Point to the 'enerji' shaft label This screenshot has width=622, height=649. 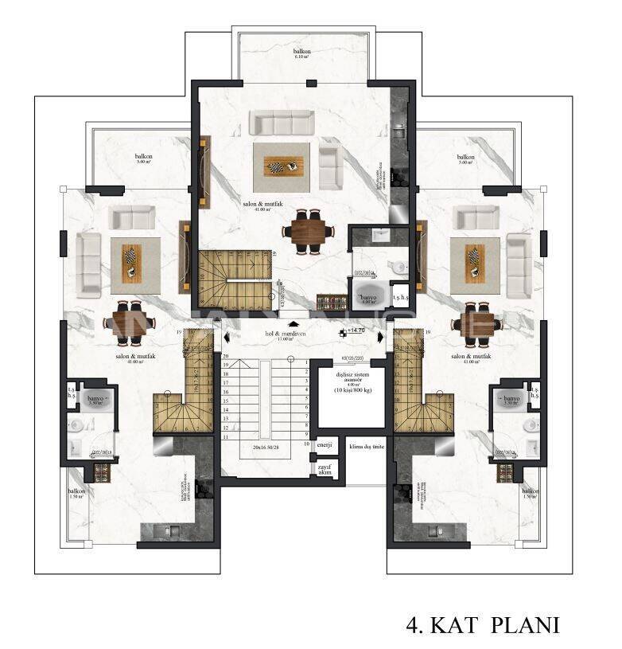click(x=325, y=444)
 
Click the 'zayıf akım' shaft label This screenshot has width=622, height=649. click(x=325, y=468)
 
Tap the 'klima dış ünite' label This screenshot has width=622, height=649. click(x=367, y=447)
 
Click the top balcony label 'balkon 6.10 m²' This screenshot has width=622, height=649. click(x=301, y=54)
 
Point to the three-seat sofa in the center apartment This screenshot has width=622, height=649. click(x=282, y=123)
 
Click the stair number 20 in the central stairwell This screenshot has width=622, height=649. click(x=226, y=357)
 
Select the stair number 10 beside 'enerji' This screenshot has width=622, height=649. click(x=306, y=444)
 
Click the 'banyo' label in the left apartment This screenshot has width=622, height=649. click(x=97, y=397)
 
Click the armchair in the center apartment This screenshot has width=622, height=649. click(x=330, y=162)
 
